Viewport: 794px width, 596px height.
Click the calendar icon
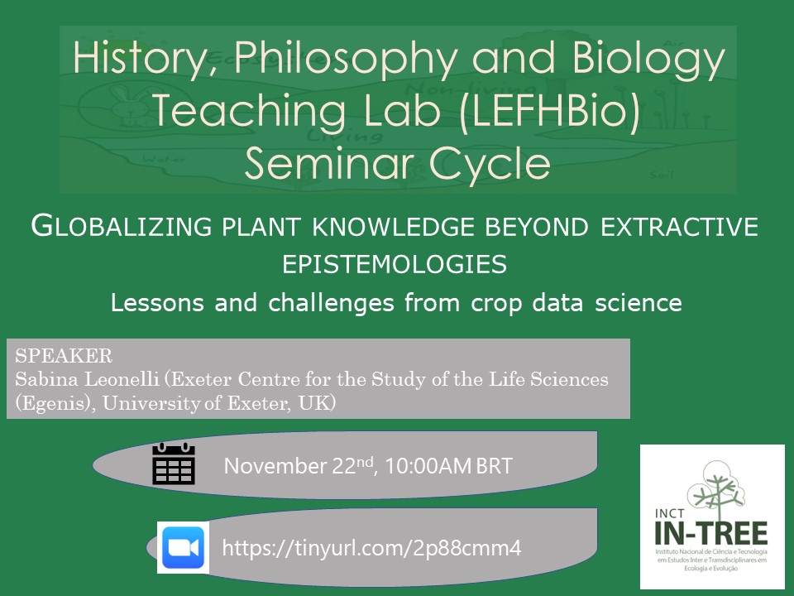point(174,464)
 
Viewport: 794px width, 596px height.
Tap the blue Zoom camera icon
point(184,548)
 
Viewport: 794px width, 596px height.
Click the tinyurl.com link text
point(372,548)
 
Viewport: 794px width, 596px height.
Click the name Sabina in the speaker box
point(42,379)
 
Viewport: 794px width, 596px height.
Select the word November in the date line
point(273,466)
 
